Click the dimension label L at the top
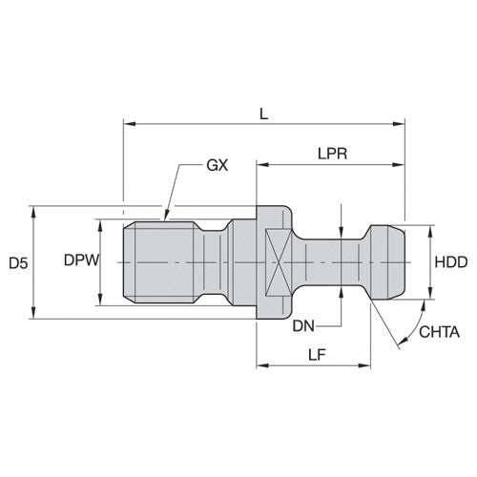[264, 112]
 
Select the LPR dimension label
[331, 153]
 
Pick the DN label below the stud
[303, 325]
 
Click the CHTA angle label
[440, 332]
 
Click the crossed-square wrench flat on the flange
[274, 261]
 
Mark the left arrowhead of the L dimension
[128, 123]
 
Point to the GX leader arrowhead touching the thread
[166, 215]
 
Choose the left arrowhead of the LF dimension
[259, 364]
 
